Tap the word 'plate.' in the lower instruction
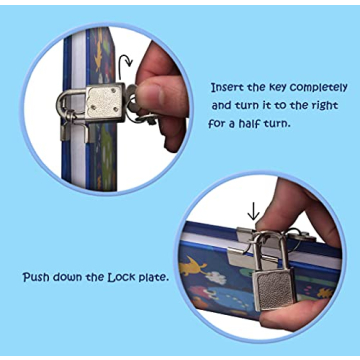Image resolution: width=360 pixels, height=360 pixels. [x=153, y=278]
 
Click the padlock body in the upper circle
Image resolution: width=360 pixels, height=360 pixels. [x=105, y=102]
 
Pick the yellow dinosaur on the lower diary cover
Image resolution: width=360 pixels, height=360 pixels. [x=193, y=266]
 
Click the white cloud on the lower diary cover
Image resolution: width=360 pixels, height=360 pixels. [x=216, y=277]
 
